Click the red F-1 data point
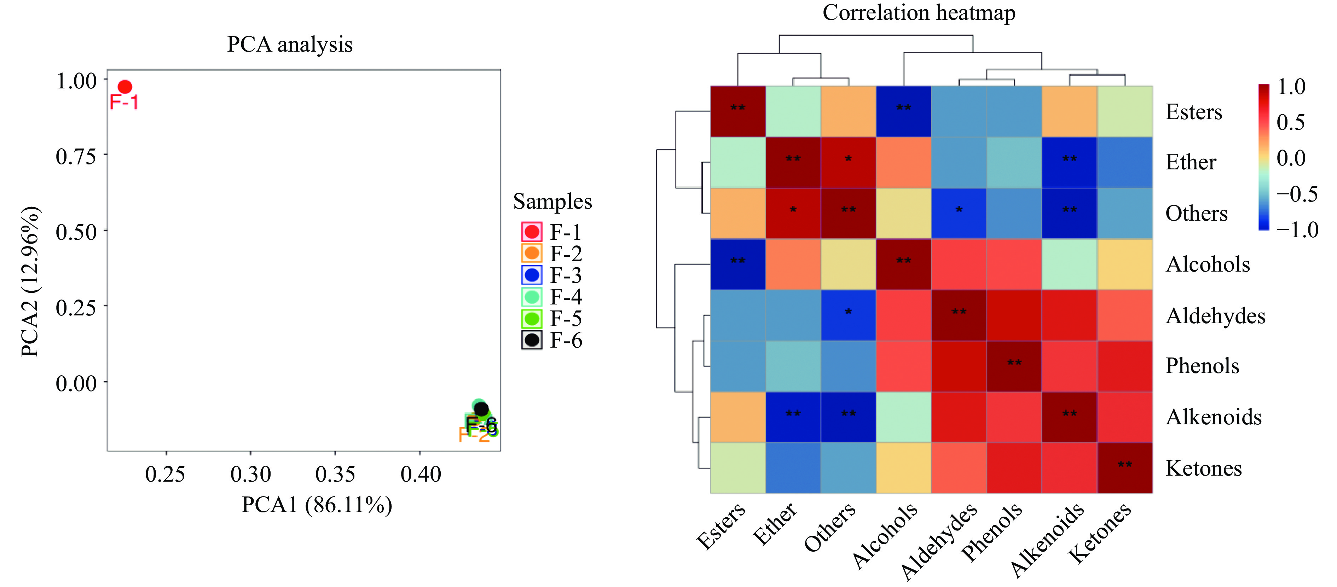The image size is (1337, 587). pyautogui.click(x=125, y=87)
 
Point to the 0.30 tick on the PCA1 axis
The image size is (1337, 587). pyautogui.click(x=251, y=473)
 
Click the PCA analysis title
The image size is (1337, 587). pyautogui.click(x=290, y=44)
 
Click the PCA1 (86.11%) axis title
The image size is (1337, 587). pyautogui.click(x=317, y=505)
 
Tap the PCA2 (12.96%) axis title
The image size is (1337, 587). pyautogui.click(x=30, y=281)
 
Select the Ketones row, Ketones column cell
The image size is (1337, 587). pyautogui.click(x=1125, y=467)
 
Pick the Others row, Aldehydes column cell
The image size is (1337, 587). pyautogui.click(x=959, y=213)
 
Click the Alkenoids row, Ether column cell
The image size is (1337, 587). pyautogui.click(x=793, y=417)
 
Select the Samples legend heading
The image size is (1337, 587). pyautogui.click(x=552, y=201)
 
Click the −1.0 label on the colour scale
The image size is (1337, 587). pyautogui.click(x=1297, y=229)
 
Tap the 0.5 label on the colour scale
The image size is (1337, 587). pyautogui.click(x=1290, y=122)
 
